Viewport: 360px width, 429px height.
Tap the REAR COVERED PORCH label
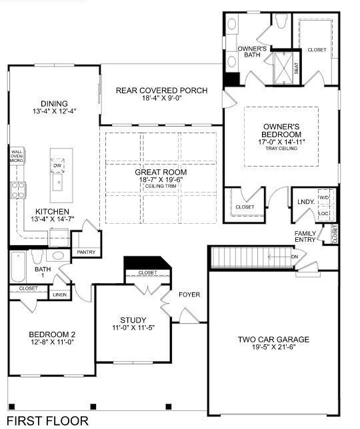click(x=161, y=91)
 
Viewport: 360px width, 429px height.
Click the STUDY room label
click(x=133, y=320)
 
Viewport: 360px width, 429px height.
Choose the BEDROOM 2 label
click(x=52, y=334)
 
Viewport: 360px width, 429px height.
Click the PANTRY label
click(x=87, y=252)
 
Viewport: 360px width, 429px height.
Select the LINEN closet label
click(x=60, y=294)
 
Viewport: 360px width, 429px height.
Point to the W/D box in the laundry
click(x=325, y=199)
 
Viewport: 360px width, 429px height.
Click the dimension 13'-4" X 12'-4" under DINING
click(x=54, y=111)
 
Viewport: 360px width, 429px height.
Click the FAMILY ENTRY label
click(x=307, y=236)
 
